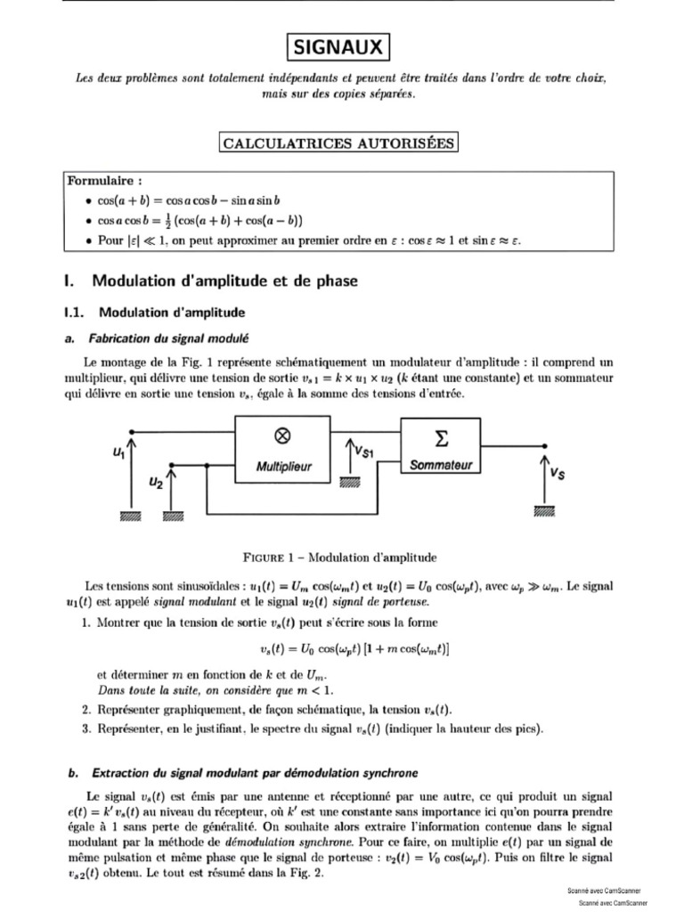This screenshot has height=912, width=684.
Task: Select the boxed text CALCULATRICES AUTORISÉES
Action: pos(338,143)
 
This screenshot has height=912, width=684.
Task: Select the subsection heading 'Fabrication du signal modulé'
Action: pos(169,338)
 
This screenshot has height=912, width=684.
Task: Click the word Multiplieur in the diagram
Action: pos(281,466)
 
